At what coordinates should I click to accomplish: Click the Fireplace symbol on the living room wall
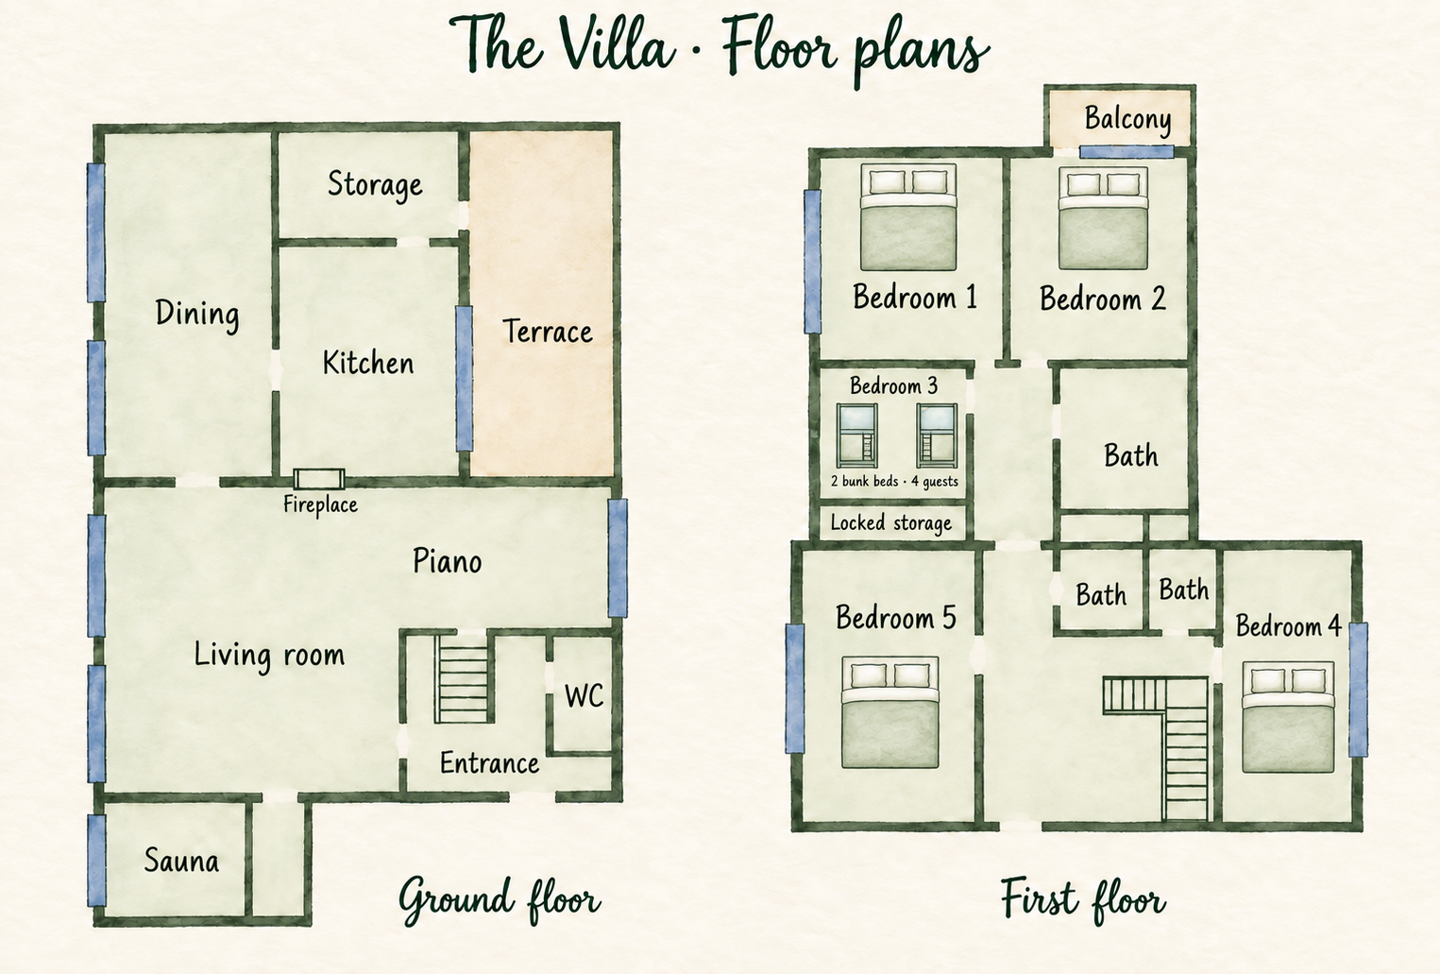point(319,479)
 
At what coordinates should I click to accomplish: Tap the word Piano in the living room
point(448,561)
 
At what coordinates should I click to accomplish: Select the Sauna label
point(181,861)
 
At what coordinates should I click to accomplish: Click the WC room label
point(584,696)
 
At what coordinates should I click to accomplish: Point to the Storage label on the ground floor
point(376,185)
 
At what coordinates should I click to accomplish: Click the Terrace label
point(547,332)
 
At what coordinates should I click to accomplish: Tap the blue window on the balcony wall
point(1127,152)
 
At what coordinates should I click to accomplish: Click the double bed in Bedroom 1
point(908,216)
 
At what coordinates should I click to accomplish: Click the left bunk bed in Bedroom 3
point(857,436)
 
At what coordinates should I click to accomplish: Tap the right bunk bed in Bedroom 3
point(937,436)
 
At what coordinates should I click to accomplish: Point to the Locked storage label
point(891,523)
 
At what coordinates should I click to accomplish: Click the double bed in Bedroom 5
point(890,712)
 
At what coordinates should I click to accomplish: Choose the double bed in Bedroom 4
point(1288,717)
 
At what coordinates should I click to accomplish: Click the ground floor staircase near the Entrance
point(462,679)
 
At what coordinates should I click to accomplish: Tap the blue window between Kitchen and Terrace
point(465,378)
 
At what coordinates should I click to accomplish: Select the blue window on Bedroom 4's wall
point(1358,690)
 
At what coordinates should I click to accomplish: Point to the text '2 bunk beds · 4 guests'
point(894,481)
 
